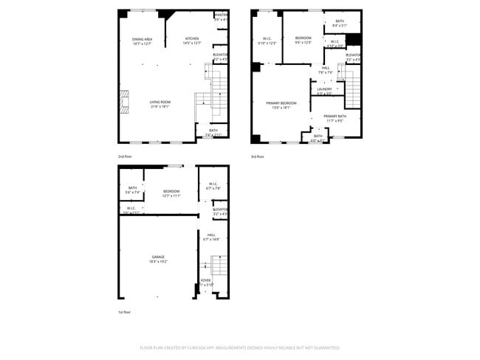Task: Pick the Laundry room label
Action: (325, 91)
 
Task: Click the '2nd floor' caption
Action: (124, 156)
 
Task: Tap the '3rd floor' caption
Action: (257, 156)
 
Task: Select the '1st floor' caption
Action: (124, 312)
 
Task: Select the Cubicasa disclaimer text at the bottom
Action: (240, 347)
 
